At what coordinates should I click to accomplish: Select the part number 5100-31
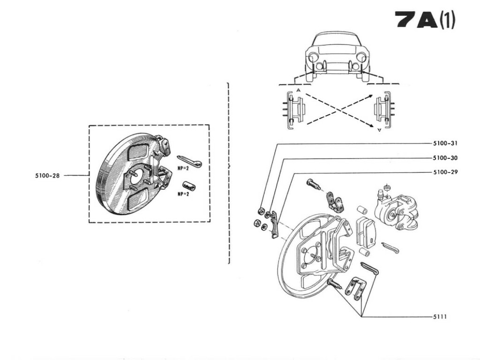coord(444,143)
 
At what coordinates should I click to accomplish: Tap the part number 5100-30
coord(444,158)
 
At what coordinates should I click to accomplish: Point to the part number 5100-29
coord(444,172)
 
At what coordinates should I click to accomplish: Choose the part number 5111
coord(440,317)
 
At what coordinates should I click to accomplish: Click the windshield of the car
coord(335,41)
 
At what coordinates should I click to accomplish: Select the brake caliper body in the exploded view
coord(396,212)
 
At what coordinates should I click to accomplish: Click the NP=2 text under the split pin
coord(183,169)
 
